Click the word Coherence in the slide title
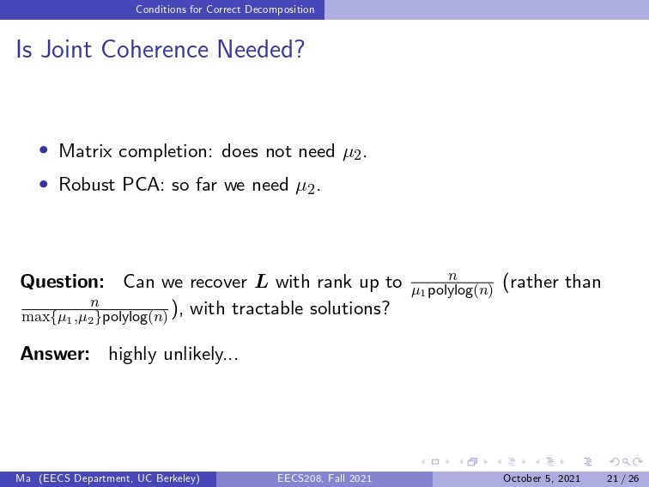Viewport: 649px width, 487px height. click(155, 49)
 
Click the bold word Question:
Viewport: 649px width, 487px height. click(62, 282)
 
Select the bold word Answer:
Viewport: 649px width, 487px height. click(55, 354)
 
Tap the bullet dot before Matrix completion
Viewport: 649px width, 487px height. click(44, 149)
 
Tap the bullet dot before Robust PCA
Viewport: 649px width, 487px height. click(44, 183)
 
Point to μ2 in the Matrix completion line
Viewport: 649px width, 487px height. click(352, 153)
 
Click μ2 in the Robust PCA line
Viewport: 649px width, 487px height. click(306, 186)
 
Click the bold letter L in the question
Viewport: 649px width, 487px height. click(262, 282)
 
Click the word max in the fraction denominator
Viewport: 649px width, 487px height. click(35, 318)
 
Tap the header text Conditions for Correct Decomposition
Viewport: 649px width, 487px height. click(225, 9)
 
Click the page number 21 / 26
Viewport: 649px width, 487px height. click(623, 478)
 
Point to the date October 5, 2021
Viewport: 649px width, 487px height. click(542, 478)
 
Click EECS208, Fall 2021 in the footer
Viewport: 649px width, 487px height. click(324, 478)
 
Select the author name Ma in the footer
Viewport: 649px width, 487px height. click(23, 478)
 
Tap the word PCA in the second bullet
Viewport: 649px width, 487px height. click(141, 185)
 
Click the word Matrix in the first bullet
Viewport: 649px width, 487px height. click(85, 151)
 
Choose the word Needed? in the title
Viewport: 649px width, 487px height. click(261, 49)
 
